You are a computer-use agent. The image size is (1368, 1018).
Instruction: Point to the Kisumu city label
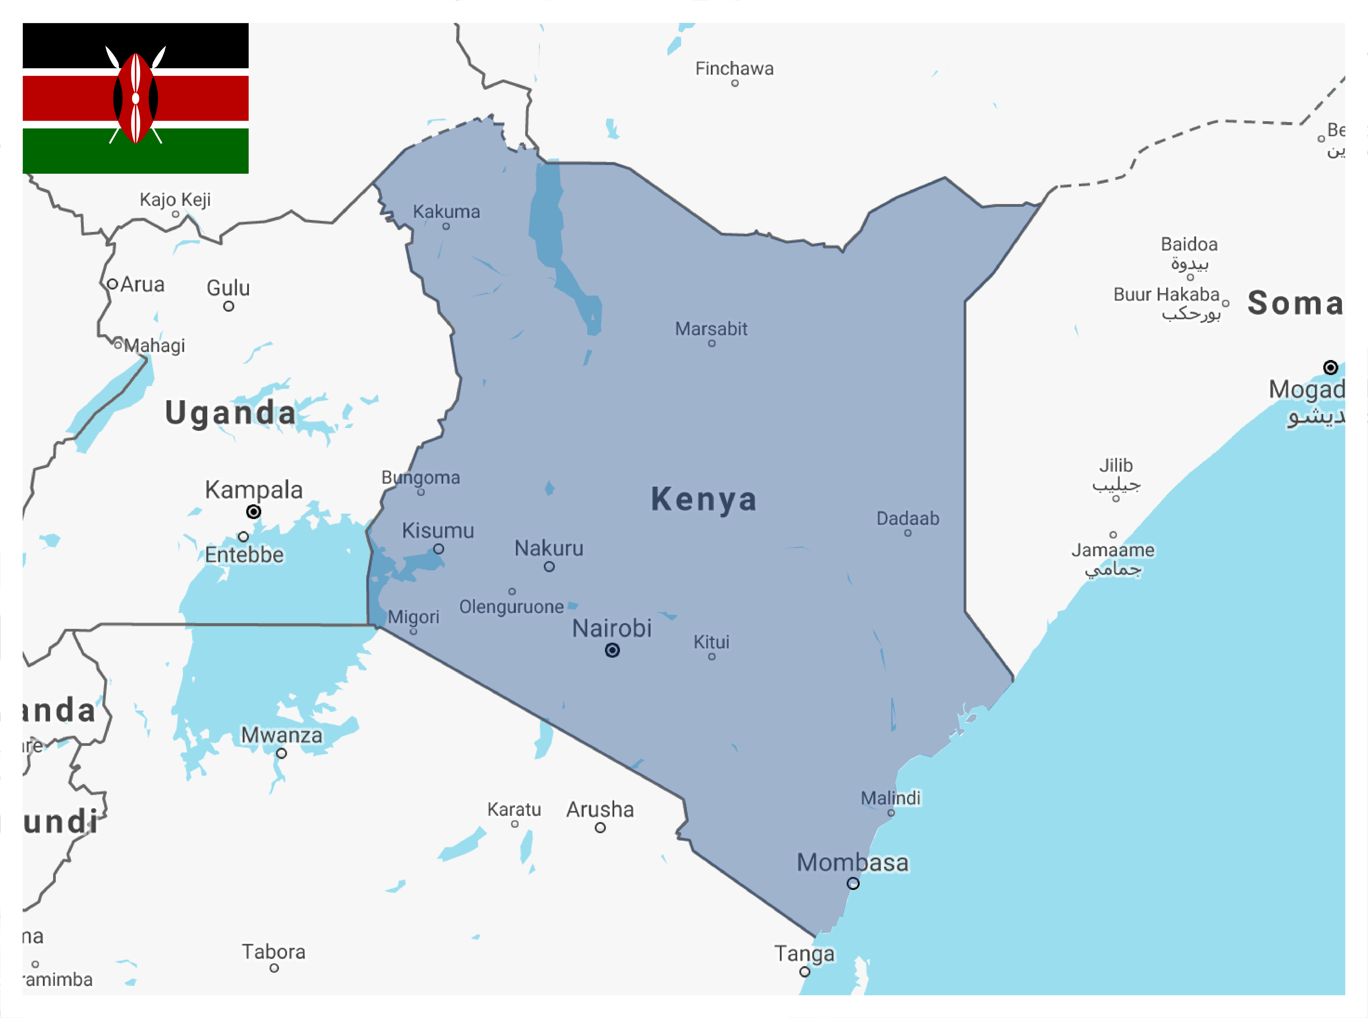pyautogui.click(x=438, y=530)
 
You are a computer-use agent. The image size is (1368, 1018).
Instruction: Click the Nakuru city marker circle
pyautogui.click(x=549, y=566)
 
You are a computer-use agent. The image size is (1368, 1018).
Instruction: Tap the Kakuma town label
pyautogui.click(x=446, y=211)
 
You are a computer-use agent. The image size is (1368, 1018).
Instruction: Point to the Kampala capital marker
pyautogui.click(x=253, y=512)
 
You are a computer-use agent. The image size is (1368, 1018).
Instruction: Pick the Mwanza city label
pyautogui.click(x=281, y=735)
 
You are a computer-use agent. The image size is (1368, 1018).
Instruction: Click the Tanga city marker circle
pyautogui.click(x=804, y=972)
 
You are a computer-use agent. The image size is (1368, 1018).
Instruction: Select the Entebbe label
pyautogui.click(x=244, y=554)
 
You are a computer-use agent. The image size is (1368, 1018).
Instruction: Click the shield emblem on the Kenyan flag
pyautogui.click(x=136, y=98)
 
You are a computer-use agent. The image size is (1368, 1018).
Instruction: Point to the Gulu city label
pyautogui.click(x=228, y=288)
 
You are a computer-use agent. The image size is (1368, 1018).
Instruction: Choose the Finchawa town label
pyautogui.click(x=734, y=68)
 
